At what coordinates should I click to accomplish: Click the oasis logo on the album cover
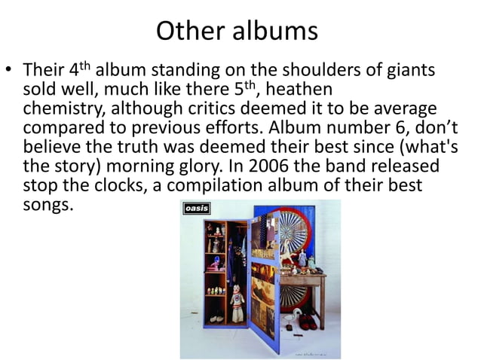(198, 209)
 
